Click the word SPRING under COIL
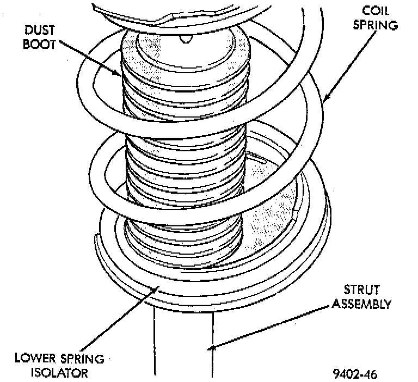376,25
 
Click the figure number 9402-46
355,374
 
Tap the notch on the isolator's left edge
97,238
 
